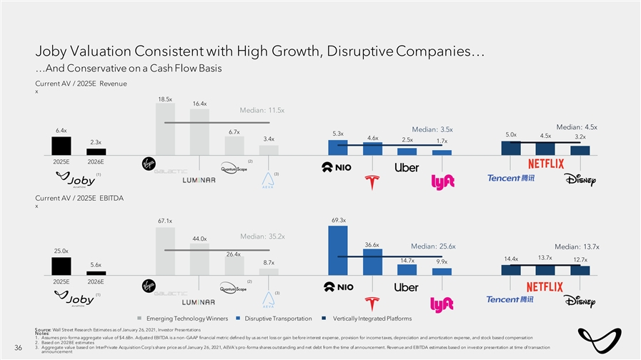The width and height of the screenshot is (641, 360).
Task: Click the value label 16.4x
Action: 199,104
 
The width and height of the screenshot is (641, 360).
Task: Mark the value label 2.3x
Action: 96,142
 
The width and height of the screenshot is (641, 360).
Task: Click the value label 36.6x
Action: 372,244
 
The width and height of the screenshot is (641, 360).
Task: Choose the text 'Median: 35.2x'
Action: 263,236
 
